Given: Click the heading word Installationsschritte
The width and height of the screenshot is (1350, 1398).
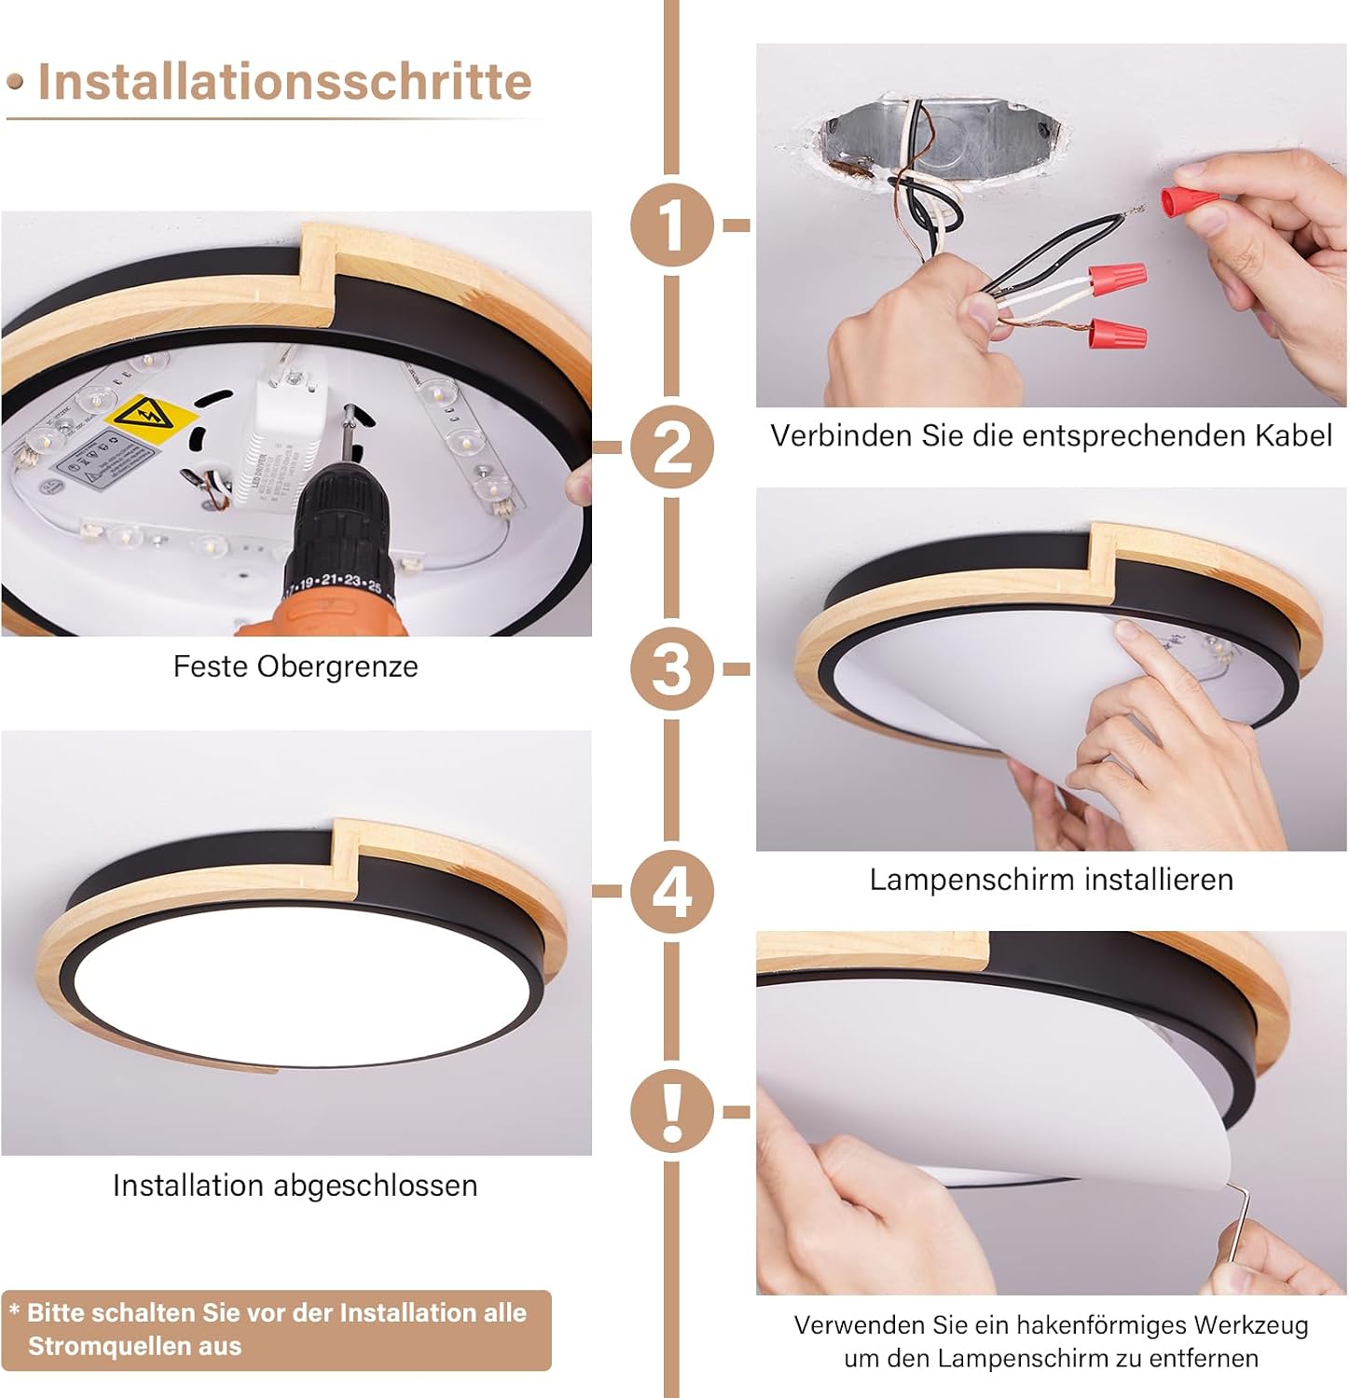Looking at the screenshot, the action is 284,82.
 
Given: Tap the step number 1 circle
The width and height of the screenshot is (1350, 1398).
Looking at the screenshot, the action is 671,225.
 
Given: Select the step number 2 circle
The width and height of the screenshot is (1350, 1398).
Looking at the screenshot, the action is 671,446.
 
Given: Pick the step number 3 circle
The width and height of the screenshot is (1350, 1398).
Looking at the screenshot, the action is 671,668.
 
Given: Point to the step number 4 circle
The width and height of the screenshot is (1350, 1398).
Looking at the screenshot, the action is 671,890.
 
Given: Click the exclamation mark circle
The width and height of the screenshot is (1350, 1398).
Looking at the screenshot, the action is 671,1111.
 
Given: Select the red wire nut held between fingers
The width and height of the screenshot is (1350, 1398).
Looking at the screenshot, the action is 1191,199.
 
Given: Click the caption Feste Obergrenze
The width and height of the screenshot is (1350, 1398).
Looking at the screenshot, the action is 296,666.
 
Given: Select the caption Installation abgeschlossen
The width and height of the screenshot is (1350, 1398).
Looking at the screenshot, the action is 296,1186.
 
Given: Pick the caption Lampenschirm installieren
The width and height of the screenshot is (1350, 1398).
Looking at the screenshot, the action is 1052,880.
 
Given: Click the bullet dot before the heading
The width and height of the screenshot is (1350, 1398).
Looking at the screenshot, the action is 15,82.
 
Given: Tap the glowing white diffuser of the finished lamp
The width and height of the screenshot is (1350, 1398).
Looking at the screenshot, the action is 303,988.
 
